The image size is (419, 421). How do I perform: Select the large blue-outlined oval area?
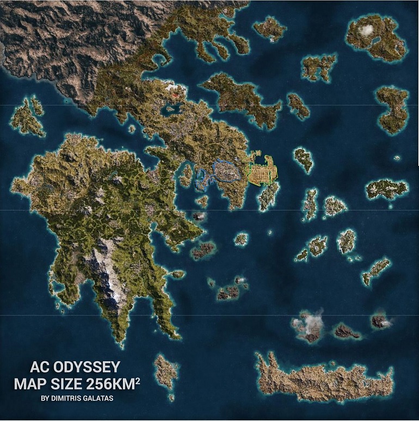225,171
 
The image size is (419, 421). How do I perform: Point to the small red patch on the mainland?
174,95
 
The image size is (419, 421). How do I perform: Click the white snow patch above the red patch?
172,86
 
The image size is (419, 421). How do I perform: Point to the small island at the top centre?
269,28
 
